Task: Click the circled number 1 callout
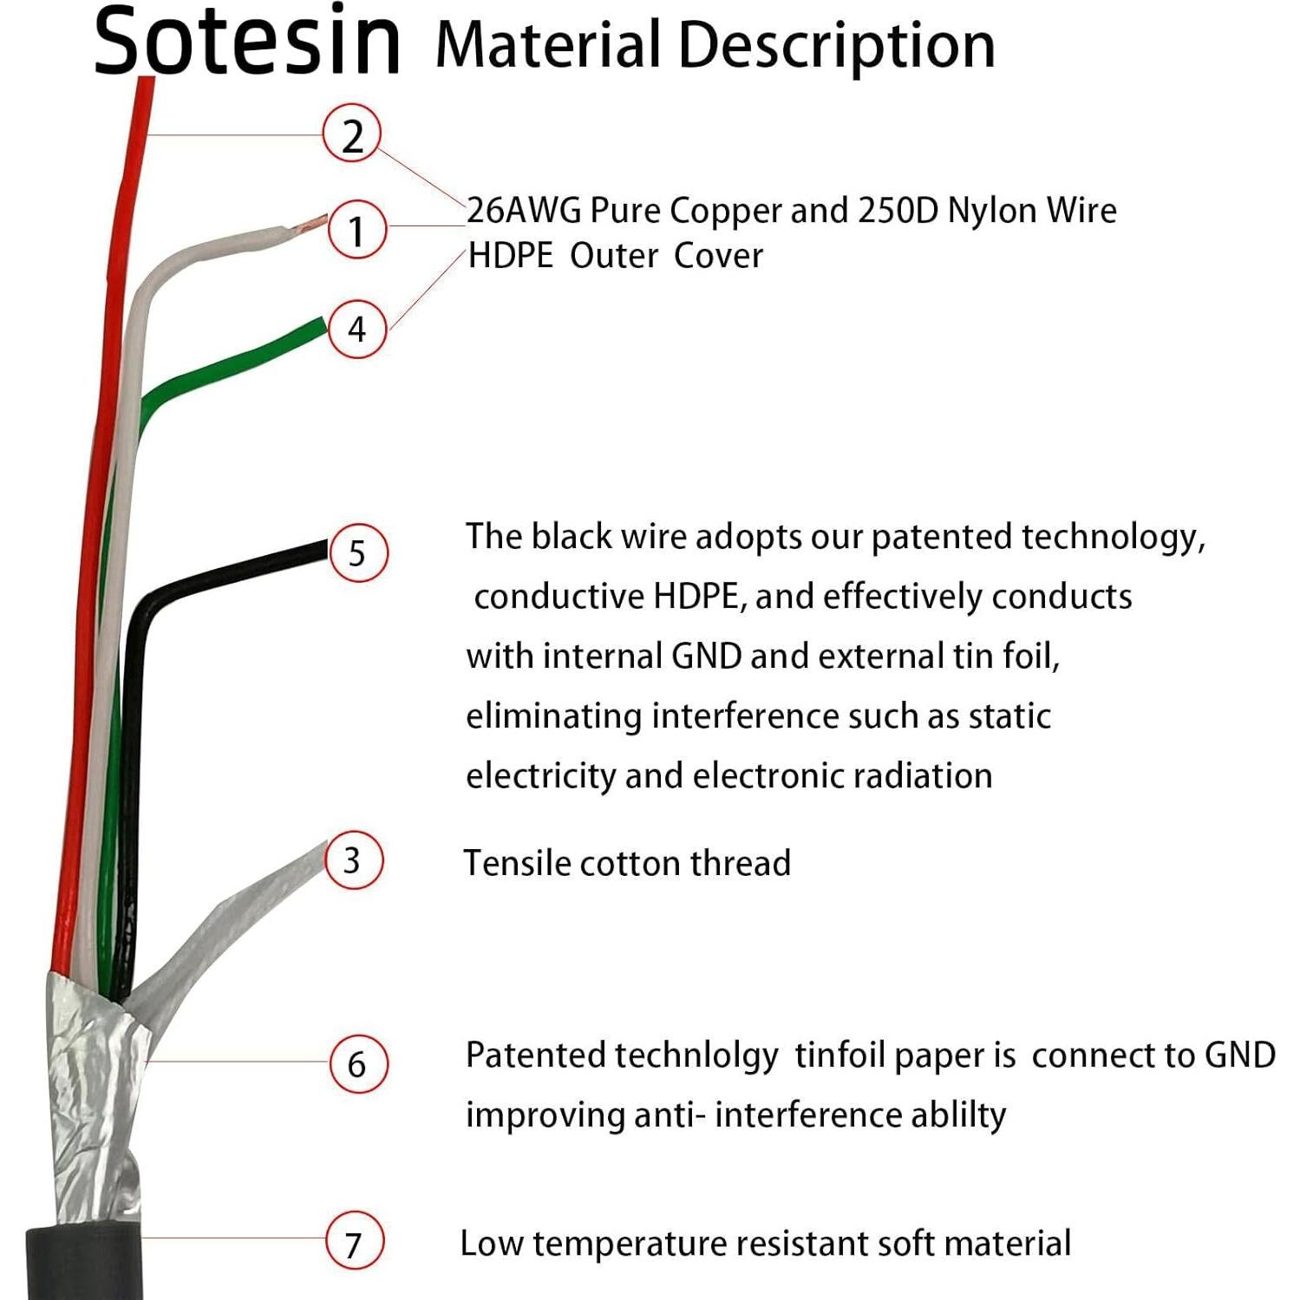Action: (356, 230)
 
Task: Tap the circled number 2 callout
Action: (351, 135)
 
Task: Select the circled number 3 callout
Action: (353, 860)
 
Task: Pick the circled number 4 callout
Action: (357, 329)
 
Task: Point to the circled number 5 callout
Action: (357, 552)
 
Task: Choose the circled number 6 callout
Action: (357, 1064)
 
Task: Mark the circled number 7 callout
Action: (354, 1242)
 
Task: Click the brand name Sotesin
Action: (247, 40)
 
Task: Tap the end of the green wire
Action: (318, 327)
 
